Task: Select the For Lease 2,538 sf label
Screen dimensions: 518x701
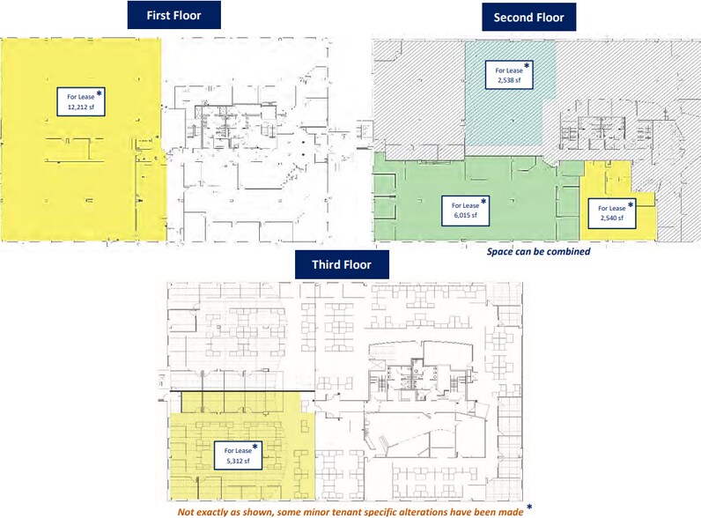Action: (x=509, y=75)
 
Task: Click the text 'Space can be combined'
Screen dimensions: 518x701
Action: (x=538, y=251)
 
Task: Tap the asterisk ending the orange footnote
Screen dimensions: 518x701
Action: (x=528, y=507)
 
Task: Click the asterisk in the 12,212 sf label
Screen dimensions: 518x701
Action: (x=100, y=92)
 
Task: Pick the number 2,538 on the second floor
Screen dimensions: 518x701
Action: (x=508, y=80)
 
